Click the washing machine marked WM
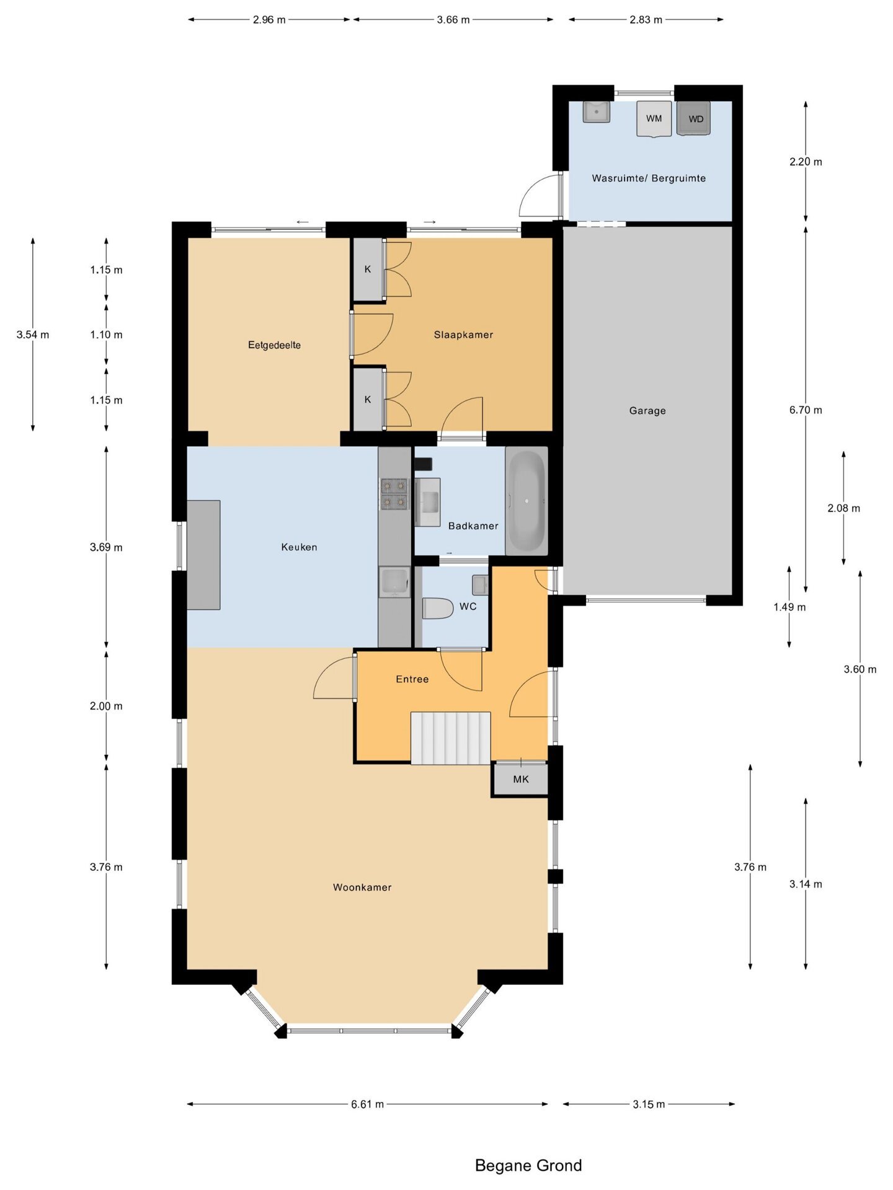[x=654, y=118]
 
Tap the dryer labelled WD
[x=693, y=118]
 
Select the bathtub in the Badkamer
[x=526, y=501]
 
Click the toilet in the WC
[x=438, y=608]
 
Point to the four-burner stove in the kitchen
[x=394, y=493]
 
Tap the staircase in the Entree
[x=451, y=738]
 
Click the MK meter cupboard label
[x=521, y=779]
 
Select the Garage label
[x=647, y=410]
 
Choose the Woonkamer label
[x=362, y=888]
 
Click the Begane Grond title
[x=528, y=1166]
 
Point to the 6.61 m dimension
[x=367, y=1104]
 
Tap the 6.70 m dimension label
[x=806, y=410]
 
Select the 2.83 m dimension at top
[x=646, y=19]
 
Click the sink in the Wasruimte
[x=597, y=112]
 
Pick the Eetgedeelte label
[x=274, y=345]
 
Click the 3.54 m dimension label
[x=33, y=335]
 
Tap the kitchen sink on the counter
[x=394, y=583]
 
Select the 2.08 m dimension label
[x=843, y=508]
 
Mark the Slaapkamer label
[x=463, y=335]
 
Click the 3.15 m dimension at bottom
[x=649, y=1104]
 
